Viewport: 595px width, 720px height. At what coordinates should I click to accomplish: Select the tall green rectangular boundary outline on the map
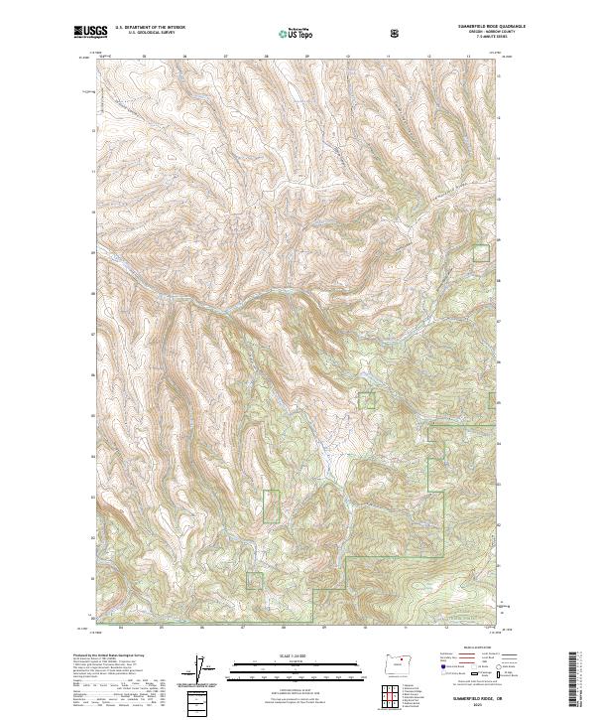[x=272, y=506]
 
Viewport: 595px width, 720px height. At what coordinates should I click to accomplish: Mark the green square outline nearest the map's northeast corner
[x=481, y=252]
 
